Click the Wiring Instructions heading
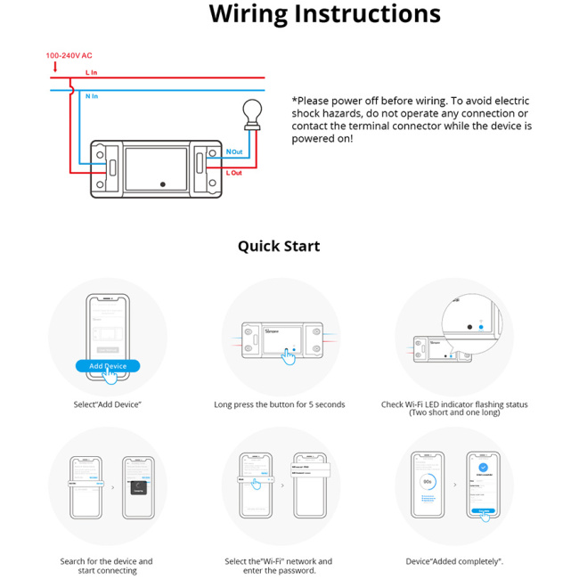[x=324, y=14]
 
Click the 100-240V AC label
[x=69, y=55]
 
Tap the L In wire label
[x=91, y=72]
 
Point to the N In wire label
[x=92, y=94]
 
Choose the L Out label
[x=234, y=172]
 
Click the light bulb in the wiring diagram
[x=252, y=113]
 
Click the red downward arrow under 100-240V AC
[x=55, y=67]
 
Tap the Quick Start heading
[x=278, y=246]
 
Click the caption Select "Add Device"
[x=108, y=404]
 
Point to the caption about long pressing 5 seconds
[x=279, y=404]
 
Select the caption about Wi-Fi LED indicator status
[x=453, y=408]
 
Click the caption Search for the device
[x=106, y=566]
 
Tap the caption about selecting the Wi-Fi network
[x=279, y=566]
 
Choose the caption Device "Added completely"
[x=454, y=561]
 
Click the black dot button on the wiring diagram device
[x=162, y=183]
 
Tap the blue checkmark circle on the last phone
[x=483, y=467]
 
